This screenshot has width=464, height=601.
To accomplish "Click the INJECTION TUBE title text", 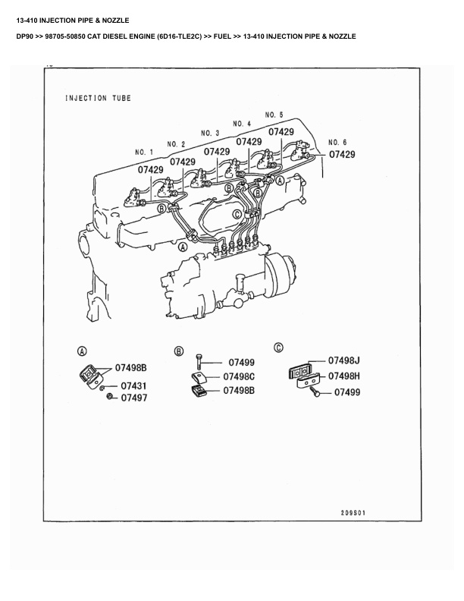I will click(98, 98).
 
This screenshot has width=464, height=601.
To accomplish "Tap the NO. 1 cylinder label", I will click(144, 152).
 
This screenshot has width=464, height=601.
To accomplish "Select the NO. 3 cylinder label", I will click(210, 133).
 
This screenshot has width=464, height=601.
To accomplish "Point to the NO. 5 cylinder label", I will click(274, 114).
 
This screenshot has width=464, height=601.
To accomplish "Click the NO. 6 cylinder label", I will click(337, 143).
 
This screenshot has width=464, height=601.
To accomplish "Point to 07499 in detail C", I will click(347, 392).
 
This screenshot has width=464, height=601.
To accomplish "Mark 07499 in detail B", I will click(241, 363).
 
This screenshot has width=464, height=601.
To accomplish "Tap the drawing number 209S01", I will click(353, 512).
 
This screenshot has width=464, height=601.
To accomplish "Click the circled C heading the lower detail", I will click(278, 348).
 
